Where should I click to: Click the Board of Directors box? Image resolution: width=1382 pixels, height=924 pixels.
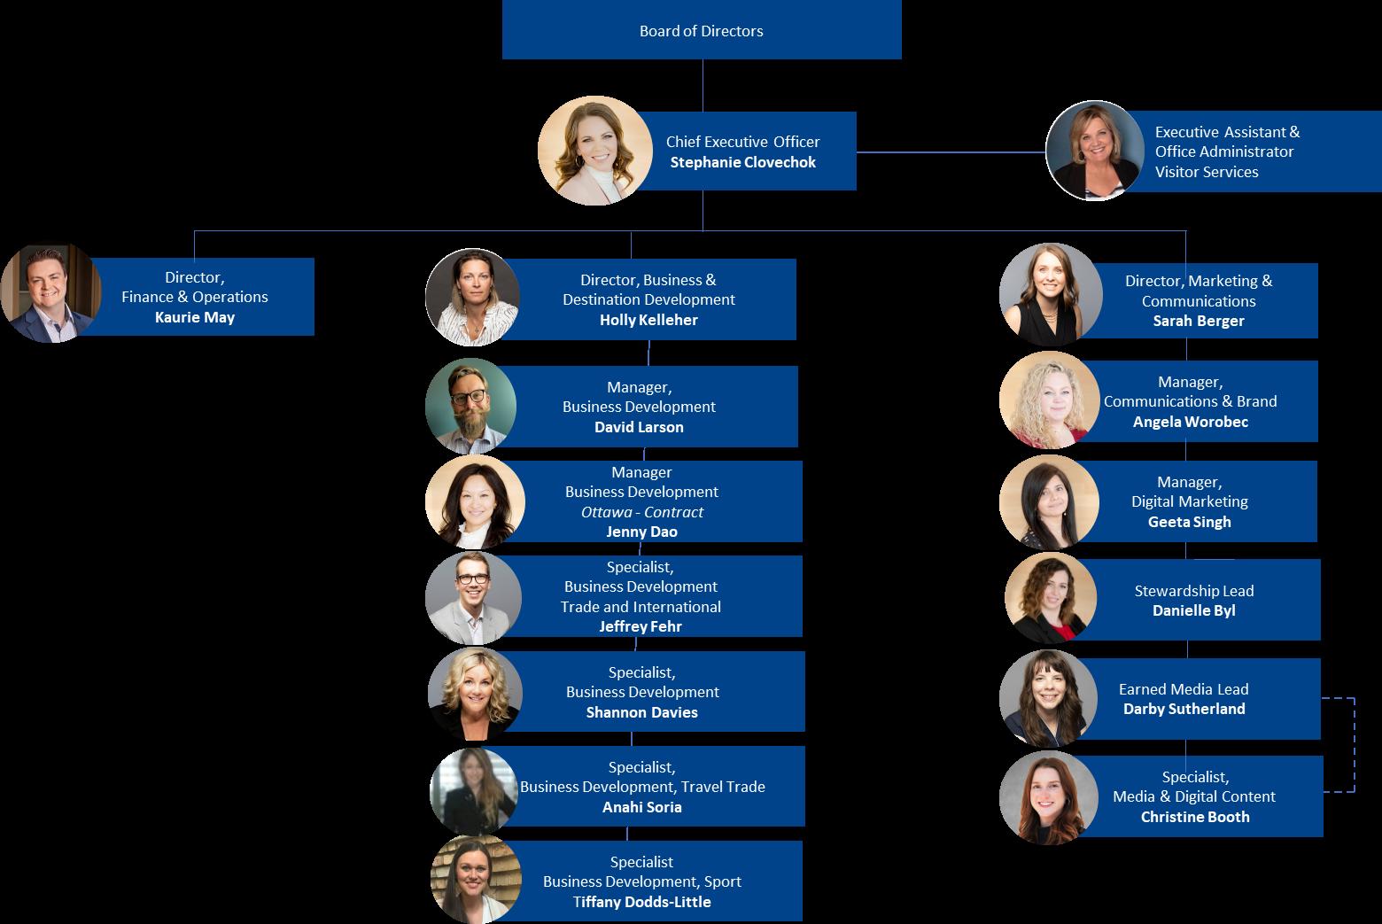701,31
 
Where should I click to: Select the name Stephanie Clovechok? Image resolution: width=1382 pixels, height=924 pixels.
742,162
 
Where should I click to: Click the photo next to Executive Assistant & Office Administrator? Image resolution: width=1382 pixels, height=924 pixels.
1095,150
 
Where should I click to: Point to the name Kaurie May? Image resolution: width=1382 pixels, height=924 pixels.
194,317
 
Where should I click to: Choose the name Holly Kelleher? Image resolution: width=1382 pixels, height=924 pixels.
648,320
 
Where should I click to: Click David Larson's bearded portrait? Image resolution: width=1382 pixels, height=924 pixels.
470,407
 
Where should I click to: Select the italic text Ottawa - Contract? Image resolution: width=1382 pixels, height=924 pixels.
641,512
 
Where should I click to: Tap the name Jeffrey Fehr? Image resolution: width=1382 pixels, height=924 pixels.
640,626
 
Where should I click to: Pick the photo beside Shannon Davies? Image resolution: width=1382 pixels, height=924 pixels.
475,693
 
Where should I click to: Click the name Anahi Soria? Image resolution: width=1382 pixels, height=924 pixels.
641,807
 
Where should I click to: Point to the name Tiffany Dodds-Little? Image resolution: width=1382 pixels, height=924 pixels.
641,902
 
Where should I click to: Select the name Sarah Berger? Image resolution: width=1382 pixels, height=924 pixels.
1198,321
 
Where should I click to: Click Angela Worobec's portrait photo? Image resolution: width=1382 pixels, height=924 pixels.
1049,400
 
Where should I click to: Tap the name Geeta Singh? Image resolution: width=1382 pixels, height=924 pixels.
1189,522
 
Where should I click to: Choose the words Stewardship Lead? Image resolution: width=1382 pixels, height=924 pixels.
1193,591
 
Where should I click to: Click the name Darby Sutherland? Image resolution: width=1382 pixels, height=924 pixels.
1184,709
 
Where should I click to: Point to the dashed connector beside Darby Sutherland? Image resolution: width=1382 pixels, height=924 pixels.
1354,744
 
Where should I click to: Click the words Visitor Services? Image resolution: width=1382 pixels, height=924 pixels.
1206,172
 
